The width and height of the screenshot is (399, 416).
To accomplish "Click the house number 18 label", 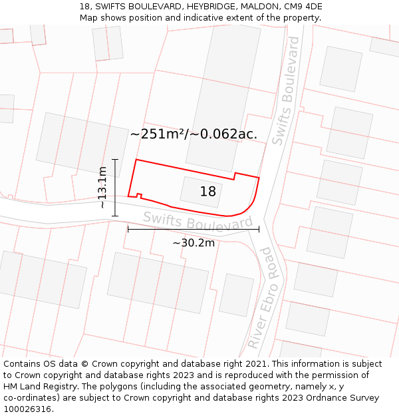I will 208,192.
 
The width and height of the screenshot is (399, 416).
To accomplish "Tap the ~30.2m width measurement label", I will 194,243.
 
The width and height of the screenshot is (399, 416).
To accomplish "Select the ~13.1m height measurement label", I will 102,188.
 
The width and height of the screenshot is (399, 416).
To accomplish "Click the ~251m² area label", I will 158,134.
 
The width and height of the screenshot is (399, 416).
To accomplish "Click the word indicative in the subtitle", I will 201,17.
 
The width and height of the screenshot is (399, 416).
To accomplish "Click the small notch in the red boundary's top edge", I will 235,176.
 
